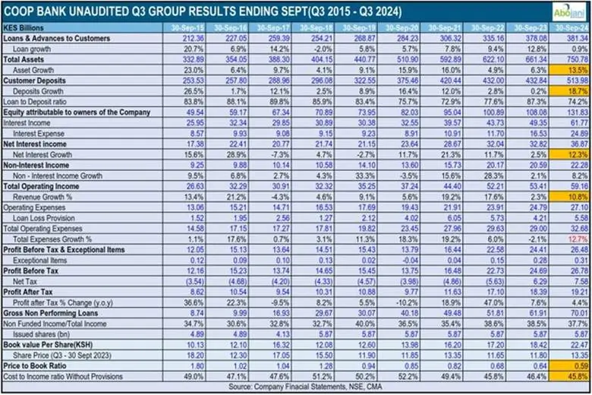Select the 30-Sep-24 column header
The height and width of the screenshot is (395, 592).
click(x=570, y=27)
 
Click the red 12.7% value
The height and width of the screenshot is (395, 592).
click(x=570, y=238)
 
